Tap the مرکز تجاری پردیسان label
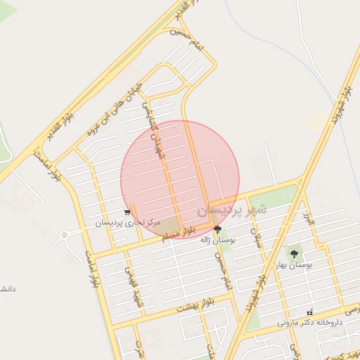(x=128, y=223)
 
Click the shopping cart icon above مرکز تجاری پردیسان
(x=127, y=212)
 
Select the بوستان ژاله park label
(x=217, y=240)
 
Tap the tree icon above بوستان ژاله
(x=217, y=229)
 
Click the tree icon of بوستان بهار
(x=294, y=254)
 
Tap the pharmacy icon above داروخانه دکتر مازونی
(x=309, y=312)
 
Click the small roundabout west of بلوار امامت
(x=65, y=235)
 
